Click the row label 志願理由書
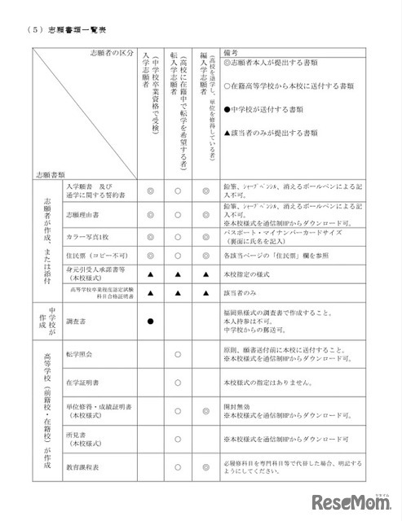82,218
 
